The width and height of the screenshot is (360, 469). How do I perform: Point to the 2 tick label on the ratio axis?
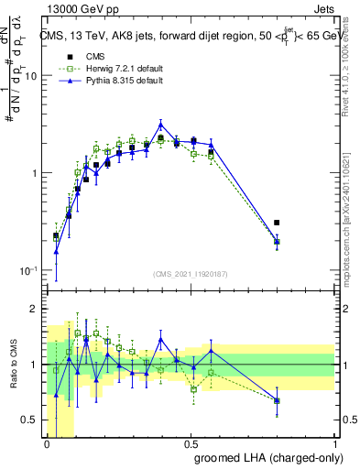coord(35,309)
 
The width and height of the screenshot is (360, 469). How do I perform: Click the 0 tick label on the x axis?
coord(47,443)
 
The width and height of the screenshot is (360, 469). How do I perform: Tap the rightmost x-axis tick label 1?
coord(333,443)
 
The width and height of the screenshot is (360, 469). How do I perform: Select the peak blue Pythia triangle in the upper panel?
coord(161,125)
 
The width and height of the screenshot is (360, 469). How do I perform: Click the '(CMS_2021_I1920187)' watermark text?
coord(191,273)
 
